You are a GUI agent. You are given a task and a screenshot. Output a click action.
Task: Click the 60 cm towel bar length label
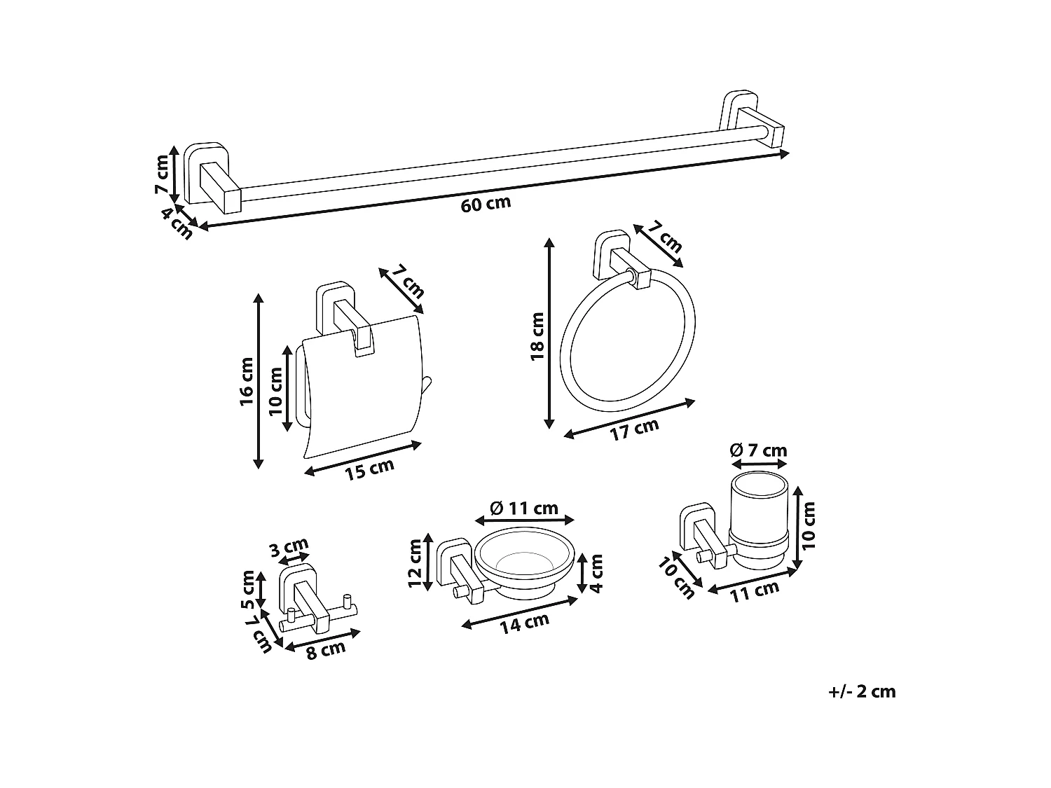coord(486,204)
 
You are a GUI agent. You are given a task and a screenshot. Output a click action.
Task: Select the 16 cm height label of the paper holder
coord(247,382)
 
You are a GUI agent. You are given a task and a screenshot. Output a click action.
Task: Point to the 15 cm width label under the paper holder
coord(369,469)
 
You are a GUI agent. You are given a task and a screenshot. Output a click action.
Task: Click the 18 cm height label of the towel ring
coord(537,336)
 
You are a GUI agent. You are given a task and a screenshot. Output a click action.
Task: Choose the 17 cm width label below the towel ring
coord(634,429)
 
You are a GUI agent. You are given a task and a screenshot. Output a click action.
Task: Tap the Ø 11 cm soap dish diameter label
coord(524,508)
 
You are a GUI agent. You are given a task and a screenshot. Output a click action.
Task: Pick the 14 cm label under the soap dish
coord(524,622)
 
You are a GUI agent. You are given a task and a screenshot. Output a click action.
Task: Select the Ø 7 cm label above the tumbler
coord(759,450)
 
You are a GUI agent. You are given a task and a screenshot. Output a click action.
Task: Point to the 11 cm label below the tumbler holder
coord(755,592)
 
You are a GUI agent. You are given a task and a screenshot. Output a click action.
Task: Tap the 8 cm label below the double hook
coord(326,649)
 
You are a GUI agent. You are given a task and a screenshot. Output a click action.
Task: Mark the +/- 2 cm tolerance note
coord(862,692)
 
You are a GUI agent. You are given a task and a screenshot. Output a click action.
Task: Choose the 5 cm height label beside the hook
coord(247,590)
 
